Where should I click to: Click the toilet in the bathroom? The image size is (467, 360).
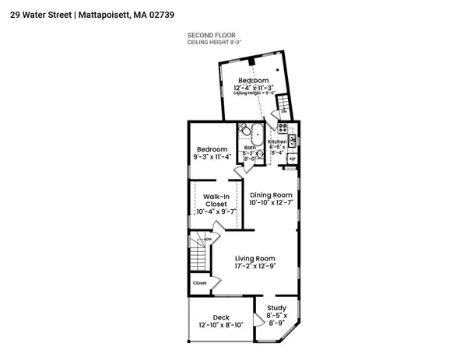pos(260,154)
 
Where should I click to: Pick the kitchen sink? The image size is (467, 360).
pos(292,141)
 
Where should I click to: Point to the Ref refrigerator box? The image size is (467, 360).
pos(291,159)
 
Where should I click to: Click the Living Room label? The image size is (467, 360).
pos(255,258)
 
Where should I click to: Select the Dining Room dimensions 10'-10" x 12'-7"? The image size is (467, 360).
pos(271,203)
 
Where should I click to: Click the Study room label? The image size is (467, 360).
pos(276,309)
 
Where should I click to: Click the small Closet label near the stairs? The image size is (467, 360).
pos(200,283)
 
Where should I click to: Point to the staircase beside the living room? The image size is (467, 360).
pos(200,253)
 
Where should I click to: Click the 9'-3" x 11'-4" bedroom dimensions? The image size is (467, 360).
pos(211,157)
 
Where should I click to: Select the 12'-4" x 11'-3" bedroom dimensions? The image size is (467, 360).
pos(253,88)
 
